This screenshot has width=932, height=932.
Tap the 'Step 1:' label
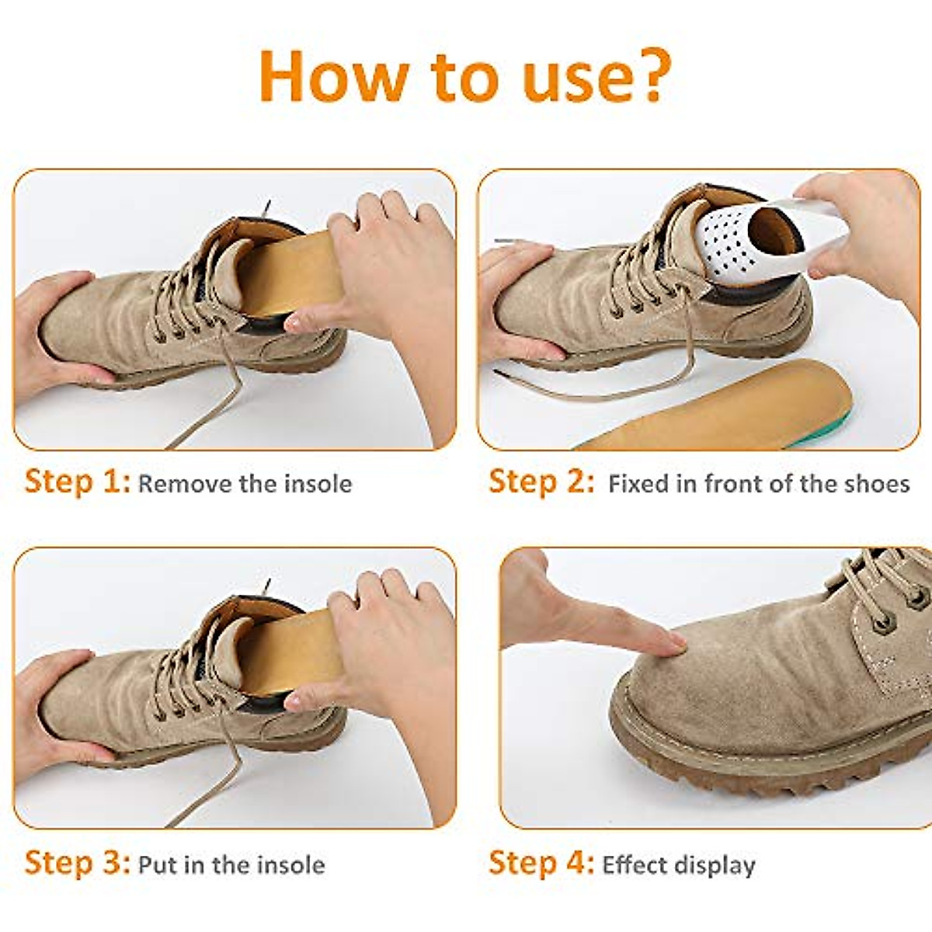click(x=77, y=482)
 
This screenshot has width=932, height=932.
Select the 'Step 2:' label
click(x=541, y=482)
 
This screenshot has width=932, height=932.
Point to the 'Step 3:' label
click(x=77, y=863)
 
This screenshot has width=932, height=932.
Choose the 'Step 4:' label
click(x=541, y=863)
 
